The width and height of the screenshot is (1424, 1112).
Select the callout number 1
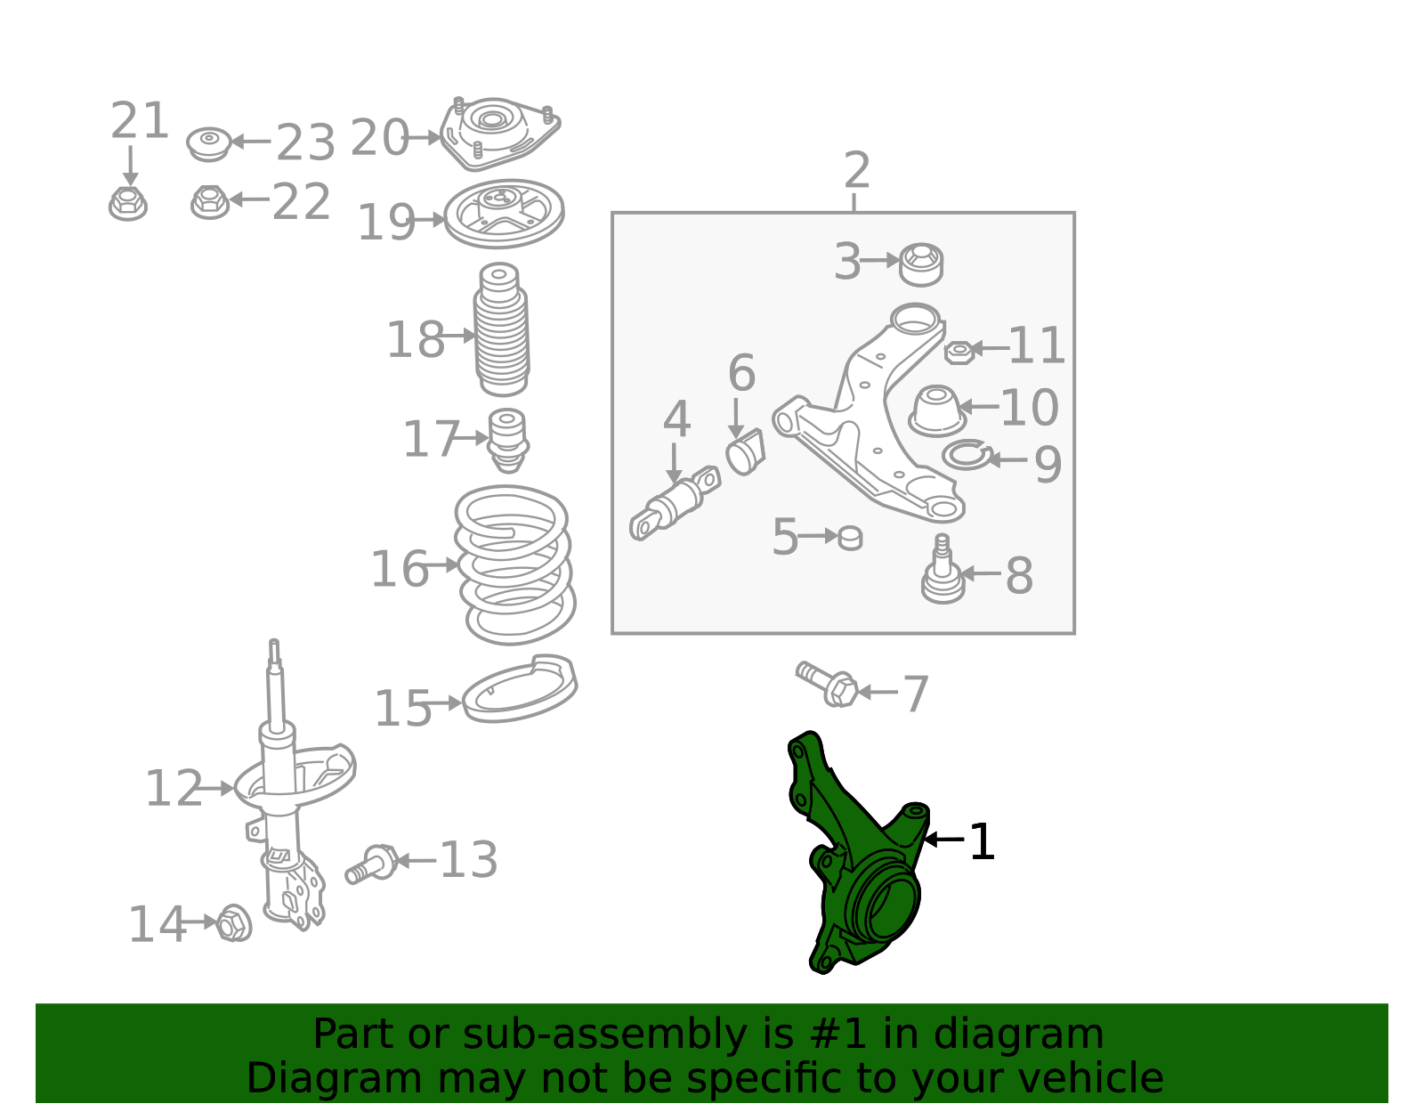(982, 841)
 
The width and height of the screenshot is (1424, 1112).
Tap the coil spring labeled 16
(515, 564)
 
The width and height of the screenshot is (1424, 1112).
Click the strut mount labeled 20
(499, 134)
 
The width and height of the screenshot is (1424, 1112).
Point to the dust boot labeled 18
(501, 329)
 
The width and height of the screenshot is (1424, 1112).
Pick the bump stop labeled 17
(508, 441)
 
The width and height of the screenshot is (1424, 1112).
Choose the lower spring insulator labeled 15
(520, 689)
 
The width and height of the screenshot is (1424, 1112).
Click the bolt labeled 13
(371, 864)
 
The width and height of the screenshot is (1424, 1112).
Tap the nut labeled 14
(233, 922)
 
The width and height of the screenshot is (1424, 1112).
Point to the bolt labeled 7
(827, 684)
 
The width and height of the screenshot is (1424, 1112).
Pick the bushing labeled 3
(921, 264)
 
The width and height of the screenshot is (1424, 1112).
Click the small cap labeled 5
(850, 538)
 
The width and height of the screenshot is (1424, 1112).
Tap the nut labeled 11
(959, 353)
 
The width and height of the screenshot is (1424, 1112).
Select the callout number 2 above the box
(856, 170)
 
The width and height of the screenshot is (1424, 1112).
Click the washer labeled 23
(209, 143)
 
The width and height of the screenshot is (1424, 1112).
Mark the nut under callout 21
(128, 203)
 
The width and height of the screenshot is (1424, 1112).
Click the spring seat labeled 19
(504, 214)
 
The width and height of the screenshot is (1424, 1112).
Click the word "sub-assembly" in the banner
(604, 1034)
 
